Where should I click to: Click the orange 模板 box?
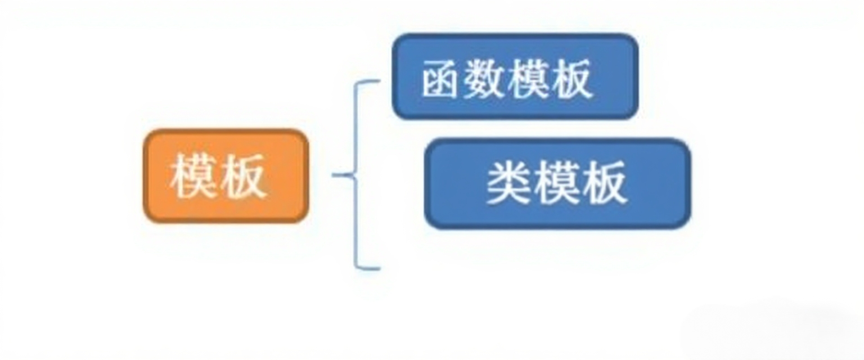pos(226,176)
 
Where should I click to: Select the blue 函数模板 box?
pos(515,76)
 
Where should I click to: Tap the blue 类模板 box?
pos(557,183)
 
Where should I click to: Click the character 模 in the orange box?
pos(193,177)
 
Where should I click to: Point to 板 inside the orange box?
pos(243,177)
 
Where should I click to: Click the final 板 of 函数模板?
pos(570,79)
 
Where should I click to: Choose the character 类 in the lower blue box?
pos(508,183)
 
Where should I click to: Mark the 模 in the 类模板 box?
pos(557,183)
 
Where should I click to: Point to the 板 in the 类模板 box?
pos(604,183)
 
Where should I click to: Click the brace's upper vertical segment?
pos(355,127)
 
